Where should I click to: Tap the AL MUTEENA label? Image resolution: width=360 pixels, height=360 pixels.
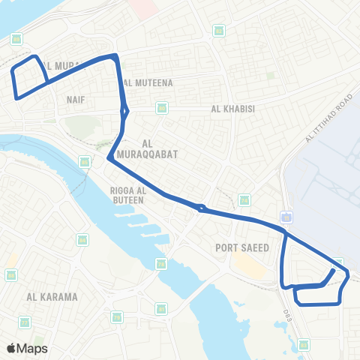tap(149, 83)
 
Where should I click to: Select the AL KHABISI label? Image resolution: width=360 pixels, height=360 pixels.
tap(233, 109)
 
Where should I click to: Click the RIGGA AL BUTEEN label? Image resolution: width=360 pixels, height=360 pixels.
tap(127, 195)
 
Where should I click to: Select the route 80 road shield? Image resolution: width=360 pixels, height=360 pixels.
tap(162, 109)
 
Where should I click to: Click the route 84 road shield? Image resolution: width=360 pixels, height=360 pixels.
tap(82, 240)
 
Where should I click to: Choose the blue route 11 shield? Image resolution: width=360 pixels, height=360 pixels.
tap(287, 217)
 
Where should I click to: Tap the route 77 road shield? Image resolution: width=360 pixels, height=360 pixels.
tap(25, 322)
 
